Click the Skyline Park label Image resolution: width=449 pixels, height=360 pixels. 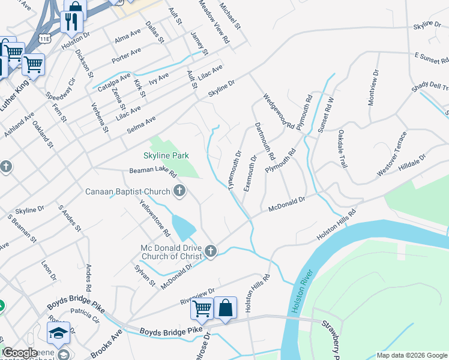pos(166,155)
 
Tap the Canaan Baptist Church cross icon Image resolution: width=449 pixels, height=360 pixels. pos(179,191)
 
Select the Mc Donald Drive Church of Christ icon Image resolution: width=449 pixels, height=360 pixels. pos(210,251)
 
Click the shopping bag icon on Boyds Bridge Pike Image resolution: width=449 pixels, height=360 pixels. pos(225,308)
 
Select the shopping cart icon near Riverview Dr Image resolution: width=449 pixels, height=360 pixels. pos(202,308)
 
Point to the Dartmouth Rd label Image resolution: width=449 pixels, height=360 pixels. pos(265,141)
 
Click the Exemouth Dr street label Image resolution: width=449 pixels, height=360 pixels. pos(250,173)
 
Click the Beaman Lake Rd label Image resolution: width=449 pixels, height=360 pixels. pos(153,172)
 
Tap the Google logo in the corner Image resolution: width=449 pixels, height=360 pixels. pos(19,353)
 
